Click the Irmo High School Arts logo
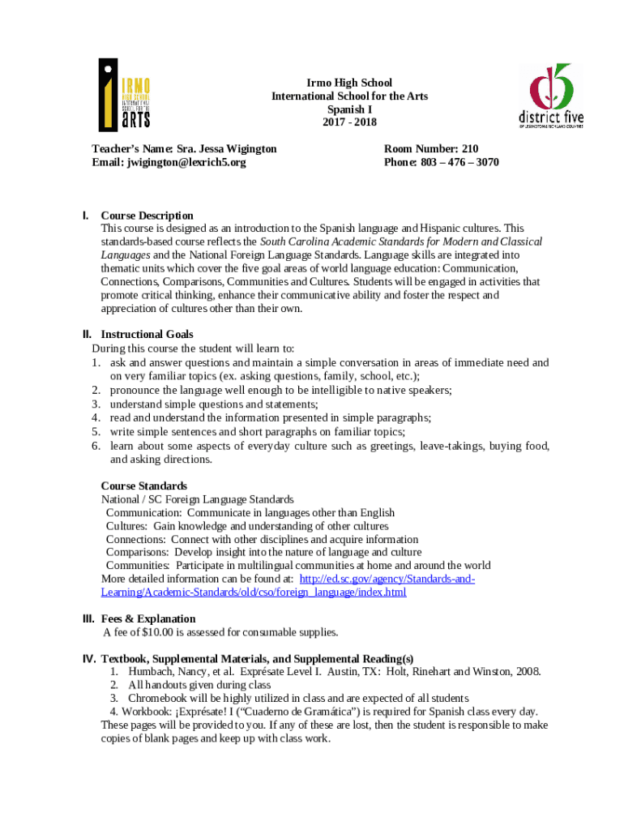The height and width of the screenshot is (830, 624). click(124, 94)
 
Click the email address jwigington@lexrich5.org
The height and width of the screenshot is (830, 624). click(186, 162)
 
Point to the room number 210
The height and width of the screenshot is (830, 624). click(471, 149)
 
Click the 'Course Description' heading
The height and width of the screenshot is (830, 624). click(147, 216)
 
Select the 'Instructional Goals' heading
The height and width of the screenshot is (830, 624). click(147, 334)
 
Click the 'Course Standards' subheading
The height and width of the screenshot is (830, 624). click(143, 486)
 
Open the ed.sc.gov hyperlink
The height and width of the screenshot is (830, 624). click(387, 580)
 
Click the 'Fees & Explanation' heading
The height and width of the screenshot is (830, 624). click(147, 619)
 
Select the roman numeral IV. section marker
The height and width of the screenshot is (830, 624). click(89, 658)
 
